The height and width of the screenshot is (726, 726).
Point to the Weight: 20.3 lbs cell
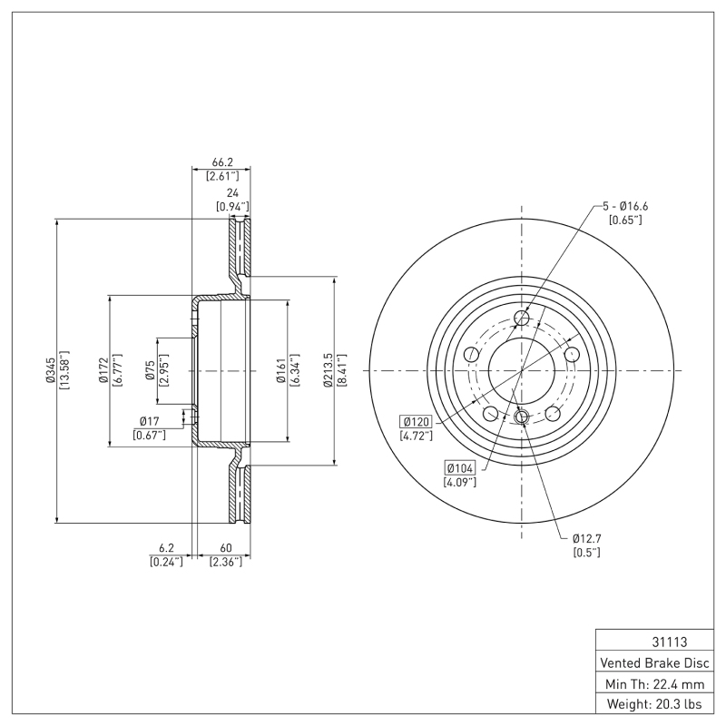coord(652,704)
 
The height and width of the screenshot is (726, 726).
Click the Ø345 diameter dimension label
coord(50,371)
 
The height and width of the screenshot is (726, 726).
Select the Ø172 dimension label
coord(103,371)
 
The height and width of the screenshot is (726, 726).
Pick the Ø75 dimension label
coord(150,371)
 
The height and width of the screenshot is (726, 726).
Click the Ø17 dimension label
coord(150,421)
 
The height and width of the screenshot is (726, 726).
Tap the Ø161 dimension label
coord(281,371)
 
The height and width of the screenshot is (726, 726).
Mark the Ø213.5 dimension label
coord(329,371)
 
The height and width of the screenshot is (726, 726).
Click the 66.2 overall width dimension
coord(222,162)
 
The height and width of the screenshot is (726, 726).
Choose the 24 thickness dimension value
coord(232,193)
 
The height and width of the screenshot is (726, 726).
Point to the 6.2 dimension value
coord(165,548)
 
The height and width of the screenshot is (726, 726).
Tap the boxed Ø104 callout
coord(459,467)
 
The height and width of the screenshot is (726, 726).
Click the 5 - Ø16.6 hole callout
coord(625,206)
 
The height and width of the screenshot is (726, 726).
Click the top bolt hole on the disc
coord(522,317)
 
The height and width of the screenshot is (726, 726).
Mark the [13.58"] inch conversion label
coord(64,371)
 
